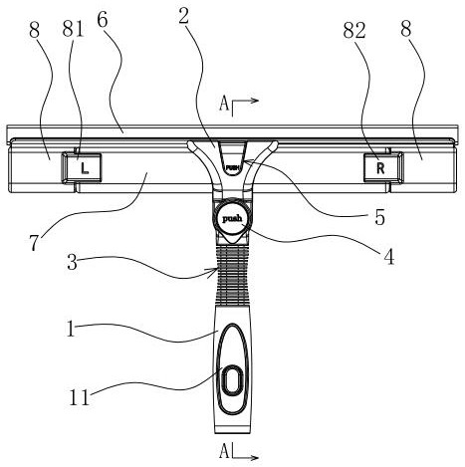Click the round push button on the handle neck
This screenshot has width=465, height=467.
tap(232, 219)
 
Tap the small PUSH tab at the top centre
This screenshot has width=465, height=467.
tap(232, 167)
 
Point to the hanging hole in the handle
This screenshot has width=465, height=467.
tap(232, 380)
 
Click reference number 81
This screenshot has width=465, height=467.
tap(73, 30)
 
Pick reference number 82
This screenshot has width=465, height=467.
tap(354, 31)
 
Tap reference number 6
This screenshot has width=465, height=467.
tap(103, 20)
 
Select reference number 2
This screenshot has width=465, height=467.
tap(183, 17)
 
